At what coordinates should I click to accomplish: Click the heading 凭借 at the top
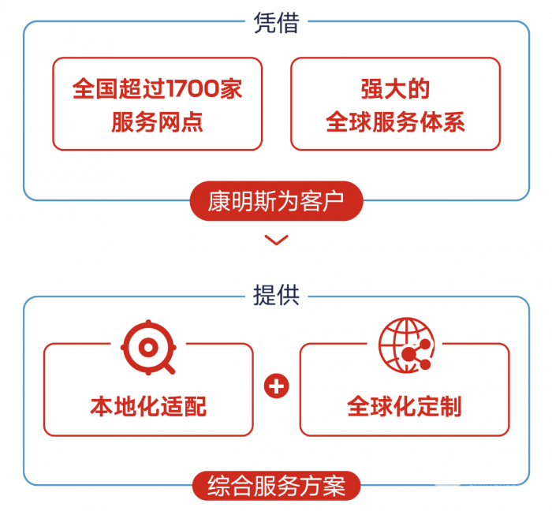[x=276, y=22]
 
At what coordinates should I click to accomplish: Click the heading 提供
[x=276, y=295]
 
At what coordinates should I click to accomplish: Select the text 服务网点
[x=157, y=122]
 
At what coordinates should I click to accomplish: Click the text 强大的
[x=395, y=88]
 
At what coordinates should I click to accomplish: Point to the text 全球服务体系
[x=395, y=122]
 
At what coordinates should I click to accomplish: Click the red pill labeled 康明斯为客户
[x=276, y=203]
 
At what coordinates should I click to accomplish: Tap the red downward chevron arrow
[x=276, y=240]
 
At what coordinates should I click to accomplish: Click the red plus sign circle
[x=276, y=386]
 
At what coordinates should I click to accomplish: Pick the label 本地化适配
[x=148, y=407]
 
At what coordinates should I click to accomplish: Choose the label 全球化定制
[x=405, y=407]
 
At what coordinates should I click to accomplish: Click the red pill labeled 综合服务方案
[x=276, y=485]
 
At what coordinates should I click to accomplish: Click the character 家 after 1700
[x=231, y=88]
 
